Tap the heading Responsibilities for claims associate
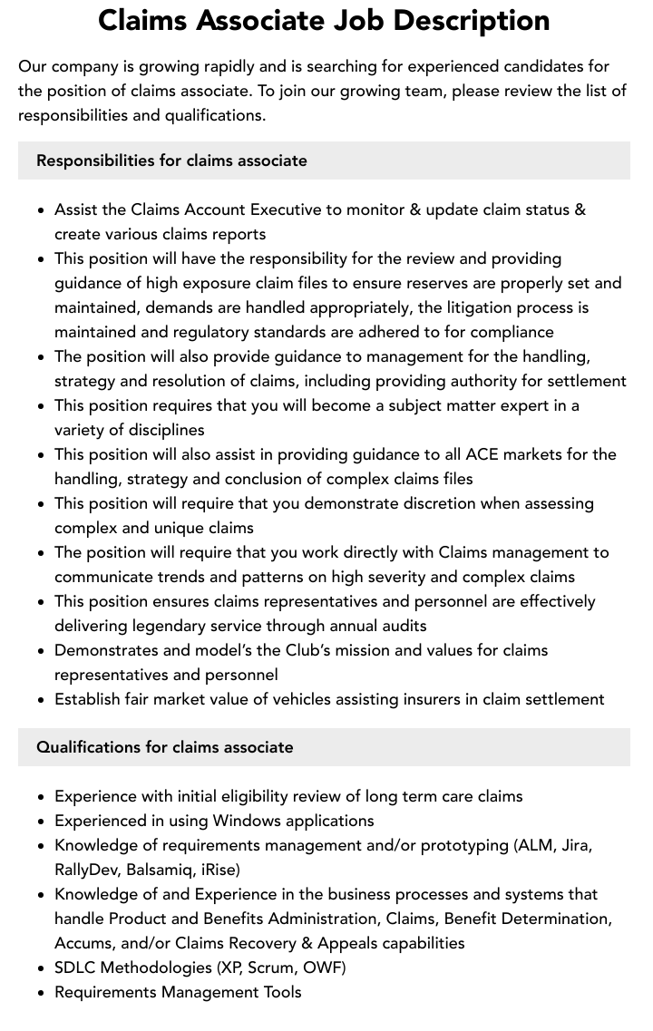171,160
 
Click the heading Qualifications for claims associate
164,747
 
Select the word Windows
249,821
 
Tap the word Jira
576,845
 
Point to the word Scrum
270,968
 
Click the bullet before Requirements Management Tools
41,993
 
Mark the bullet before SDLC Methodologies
41,968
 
